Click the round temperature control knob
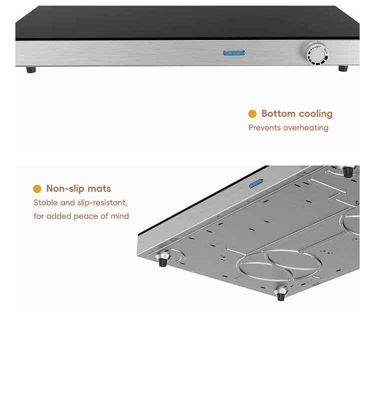(316, 53)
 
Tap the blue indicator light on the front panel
(234, 53)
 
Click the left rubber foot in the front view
(31, 69)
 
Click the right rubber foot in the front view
(343, 68)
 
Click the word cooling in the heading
(315, 114)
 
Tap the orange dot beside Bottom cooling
(252, 114)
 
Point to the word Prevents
(264, 128)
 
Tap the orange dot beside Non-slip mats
(37, 189)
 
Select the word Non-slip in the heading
(65, 189)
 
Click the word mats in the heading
(99, 189)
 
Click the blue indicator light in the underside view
(256, 183)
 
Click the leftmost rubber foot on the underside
(162, 260)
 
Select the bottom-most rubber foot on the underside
(280, 294)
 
